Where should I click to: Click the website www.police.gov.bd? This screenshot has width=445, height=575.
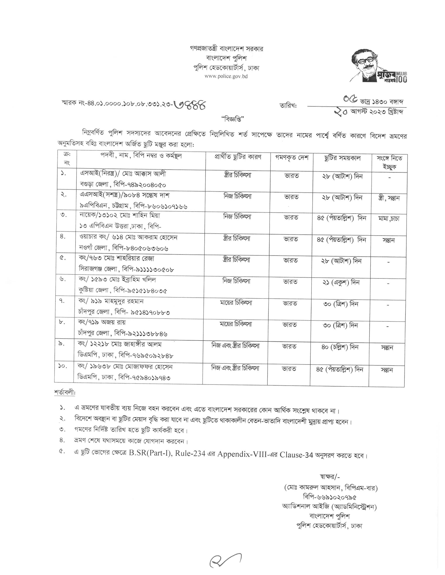click(x=226, y=76)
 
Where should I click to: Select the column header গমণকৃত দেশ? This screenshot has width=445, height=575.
click(x=292, y=158)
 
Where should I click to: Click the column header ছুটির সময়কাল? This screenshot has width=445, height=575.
click(x=342, y=158)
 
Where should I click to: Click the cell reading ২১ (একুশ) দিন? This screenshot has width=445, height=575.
click(x=341, y=282)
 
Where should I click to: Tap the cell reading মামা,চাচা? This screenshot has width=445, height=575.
click(x=389, y=218)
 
